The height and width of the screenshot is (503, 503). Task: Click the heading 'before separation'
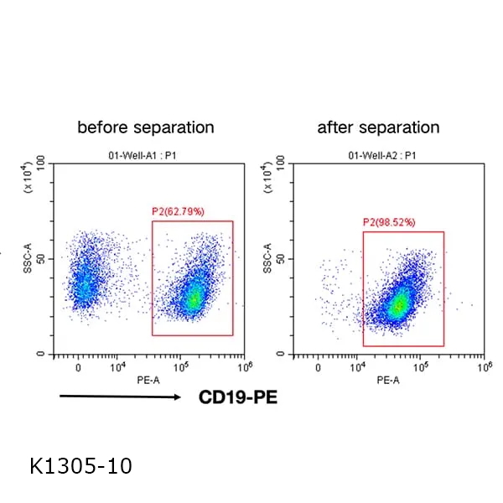[x=145, y=127]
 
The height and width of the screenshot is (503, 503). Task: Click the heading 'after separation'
[x=378, y=127]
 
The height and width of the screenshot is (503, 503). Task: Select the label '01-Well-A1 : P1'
[x=148, y=155]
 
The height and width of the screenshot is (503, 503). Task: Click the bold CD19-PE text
[x=237, y=397]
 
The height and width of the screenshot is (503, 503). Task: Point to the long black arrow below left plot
[x=120, y=397]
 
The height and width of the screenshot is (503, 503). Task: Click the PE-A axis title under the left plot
[x=148, y=380]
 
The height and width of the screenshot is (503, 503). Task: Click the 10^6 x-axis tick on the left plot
[x=245, y=366]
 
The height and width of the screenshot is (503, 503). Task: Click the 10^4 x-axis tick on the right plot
[x=358, y=366]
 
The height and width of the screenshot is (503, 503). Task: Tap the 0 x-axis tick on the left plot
[x=78, y=367]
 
